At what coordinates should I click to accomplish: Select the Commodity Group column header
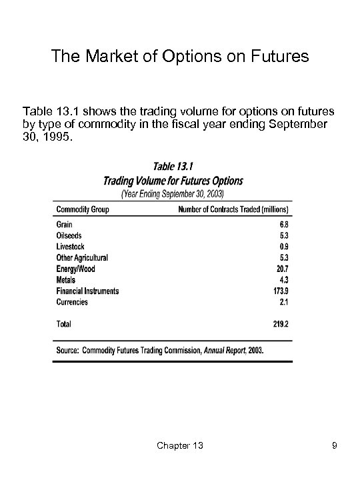coord(83,210)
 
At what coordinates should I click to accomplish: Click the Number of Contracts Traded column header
coord(238,210)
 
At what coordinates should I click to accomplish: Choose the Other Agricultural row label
coord(83,258)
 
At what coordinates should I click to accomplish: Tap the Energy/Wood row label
coord(76,269)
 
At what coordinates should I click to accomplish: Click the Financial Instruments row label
coord(88,291)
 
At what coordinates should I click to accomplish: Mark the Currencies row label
coord(73,301)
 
